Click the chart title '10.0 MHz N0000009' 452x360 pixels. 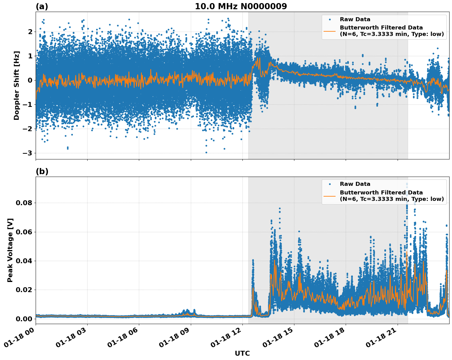pos(241,6)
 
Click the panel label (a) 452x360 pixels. pos(42,6)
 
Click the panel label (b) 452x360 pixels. pos(42,171)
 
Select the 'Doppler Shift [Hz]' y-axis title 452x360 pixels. pos(17,85)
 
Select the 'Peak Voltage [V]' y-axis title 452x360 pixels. pos(10,250)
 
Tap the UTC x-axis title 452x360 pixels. pos(242,353)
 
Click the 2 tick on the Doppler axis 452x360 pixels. pos(30,32)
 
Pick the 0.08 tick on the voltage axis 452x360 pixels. pos(24,203)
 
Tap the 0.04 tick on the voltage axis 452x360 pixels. pos(24,261)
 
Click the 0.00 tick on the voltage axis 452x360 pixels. pos(24,319)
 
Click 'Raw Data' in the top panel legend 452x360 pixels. pos(355,19)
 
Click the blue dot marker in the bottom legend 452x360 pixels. pos(330,184)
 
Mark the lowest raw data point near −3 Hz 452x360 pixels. pos(206,152)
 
